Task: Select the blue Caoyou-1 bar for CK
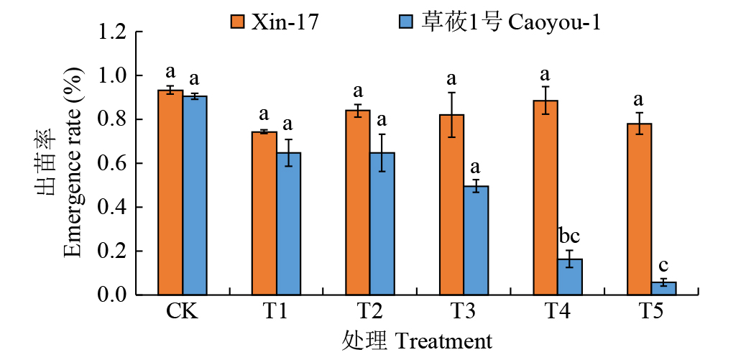click(195, 195)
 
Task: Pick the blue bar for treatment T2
click(382, 223)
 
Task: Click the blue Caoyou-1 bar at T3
click(476, 241)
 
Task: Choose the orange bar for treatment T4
click(545, 198)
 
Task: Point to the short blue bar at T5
click(663, 288)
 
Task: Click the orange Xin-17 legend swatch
click(238, 22)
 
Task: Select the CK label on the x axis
click(182, 313)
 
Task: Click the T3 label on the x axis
click(464, 313)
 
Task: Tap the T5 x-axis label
click(651, 313)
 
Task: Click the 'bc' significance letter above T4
click(569, 235)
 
